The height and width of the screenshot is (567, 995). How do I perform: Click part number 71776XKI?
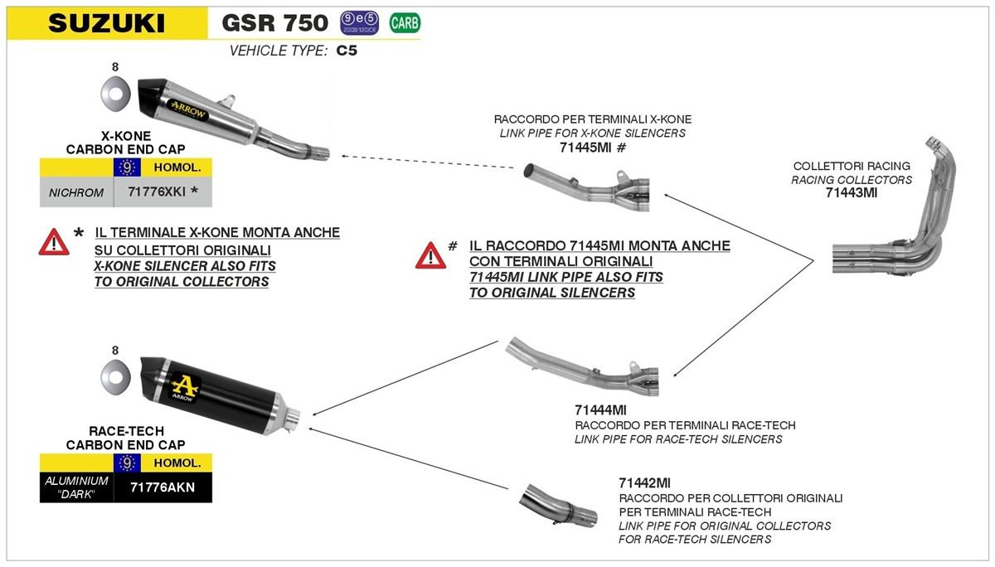[158, 192]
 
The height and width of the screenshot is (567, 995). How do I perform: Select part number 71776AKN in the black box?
[163, 487]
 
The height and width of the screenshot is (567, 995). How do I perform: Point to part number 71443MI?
[851, 193]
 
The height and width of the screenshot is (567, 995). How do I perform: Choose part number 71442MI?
[644, 482]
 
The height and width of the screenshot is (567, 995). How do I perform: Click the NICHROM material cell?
[75, 192]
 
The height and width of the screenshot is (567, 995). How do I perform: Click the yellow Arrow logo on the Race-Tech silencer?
[185, 384]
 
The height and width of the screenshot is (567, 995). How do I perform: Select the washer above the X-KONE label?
[115, 94]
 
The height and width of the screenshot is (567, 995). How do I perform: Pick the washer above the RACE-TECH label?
[115, 378]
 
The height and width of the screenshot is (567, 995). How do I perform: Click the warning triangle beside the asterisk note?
[54, 242]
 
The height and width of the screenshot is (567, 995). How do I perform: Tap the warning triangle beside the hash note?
[430, 255]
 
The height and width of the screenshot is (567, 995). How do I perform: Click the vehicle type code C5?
[347, 51]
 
